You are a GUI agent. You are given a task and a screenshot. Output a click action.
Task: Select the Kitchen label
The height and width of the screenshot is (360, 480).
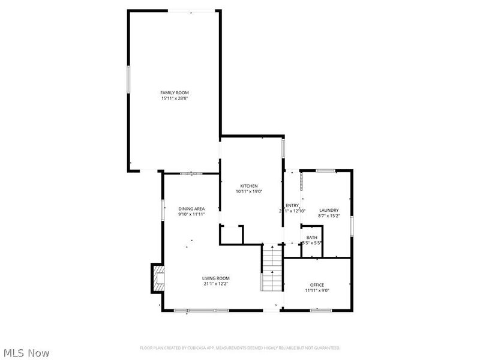coord(249,186)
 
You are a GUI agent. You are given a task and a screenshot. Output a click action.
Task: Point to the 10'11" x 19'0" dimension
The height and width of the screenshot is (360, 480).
coord(249,192)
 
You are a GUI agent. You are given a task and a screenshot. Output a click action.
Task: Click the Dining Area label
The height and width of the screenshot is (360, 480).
coord(191,208)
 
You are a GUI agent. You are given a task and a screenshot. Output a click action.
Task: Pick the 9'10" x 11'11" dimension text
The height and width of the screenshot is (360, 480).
coord(191,214)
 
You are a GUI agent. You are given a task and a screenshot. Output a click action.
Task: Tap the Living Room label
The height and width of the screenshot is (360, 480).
coord(215,278)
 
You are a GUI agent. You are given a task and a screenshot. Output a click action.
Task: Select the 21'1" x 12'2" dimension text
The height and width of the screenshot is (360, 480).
coord(215,284)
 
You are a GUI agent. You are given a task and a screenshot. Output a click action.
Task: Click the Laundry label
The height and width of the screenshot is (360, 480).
coord(329,210)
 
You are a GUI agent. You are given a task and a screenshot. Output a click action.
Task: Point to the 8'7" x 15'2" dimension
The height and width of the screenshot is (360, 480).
coord(329,216)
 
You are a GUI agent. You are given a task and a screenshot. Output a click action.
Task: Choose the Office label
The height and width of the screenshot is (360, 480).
coord(317,284)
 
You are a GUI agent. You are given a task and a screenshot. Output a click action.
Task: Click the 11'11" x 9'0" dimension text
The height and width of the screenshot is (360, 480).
coord(317,290)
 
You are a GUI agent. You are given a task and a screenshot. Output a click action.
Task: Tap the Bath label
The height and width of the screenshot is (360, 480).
coord(312,238)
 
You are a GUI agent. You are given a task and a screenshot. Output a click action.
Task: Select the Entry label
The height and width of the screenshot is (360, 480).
coord(292,206)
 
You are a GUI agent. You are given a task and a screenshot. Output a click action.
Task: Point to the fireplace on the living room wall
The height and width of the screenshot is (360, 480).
coord(157,278)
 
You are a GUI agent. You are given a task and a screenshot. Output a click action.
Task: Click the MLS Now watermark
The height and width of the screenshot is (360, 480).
coord(26,353)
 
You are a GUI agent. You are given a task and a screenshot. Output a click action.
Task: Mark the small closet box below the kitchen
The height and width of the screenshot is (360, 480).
coord(231,235)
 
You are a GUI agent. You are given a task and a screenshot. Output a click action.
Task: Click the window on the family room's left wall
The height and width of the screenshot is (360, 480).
coord(128,79)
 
